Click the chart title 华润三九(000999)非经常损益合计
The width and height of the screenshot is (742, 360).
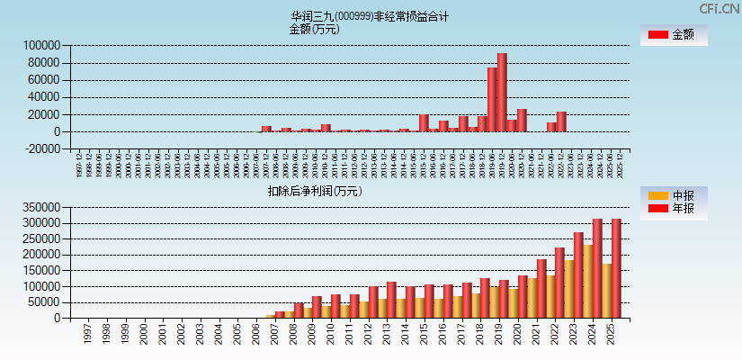(370, 16)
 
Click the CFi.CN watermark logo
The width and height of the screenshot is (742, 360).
(720, 9)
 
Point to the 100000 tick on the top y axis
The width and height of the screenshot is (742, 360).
(41, 45)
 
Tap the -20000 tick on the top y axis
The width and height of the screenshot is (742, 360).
(41, 149)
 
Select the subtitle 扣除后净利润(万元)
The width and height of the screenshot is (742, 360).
(315, 191)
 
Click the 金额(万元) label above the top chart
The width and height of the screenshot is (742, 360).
(314, 29)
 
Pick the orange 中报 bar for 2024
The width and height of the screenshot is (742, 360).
(587, 282)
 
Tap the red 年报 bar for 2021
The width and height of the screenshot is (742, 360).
(541, 288)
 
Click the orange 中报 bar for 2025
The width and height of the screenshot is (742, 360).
(606, 291)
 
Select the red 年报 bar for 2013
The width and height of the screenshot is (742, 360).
(391, 300)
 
